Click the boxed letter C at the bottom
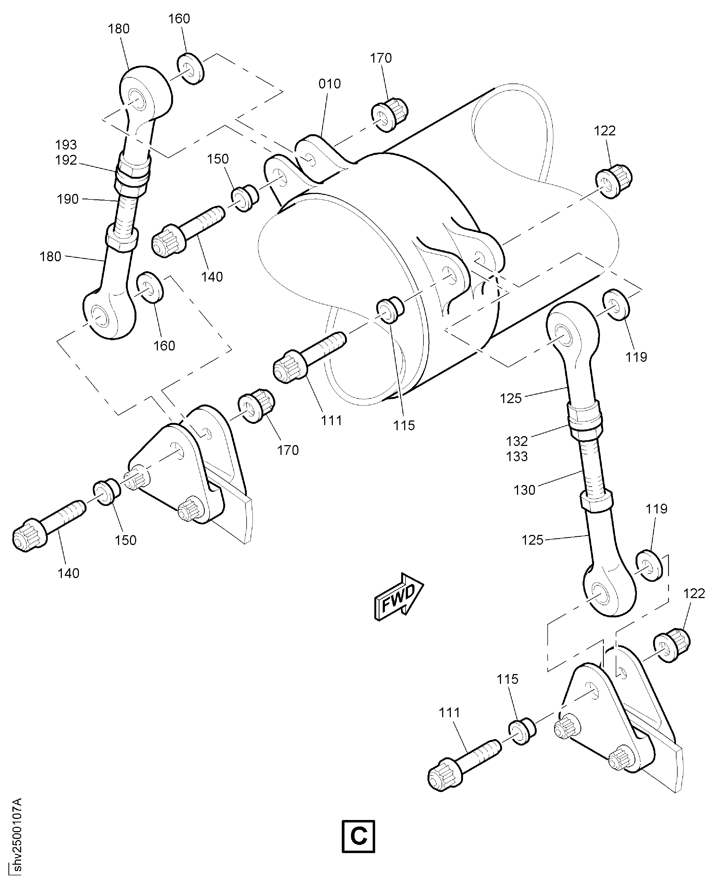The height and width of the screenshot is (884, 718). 358,836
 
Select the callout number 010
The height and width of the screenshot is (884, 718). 329,84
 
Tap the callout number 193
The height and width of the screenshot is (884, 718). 66,145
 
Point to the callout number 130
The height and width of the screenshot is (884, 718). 524,490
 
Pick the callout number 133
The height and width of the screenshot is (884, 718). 517,457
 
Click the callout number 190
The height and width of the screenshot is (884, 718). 68,199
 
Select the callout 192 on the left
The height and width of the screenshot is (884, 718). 66,160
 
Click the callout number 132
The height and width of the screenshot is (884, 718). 517,441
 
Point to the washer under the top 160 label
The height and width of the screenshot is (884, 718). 191,69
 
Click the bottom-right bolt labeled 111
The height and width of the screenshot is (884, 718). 463,761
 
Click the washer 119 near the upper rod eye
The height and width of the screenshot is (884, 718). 616,305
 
